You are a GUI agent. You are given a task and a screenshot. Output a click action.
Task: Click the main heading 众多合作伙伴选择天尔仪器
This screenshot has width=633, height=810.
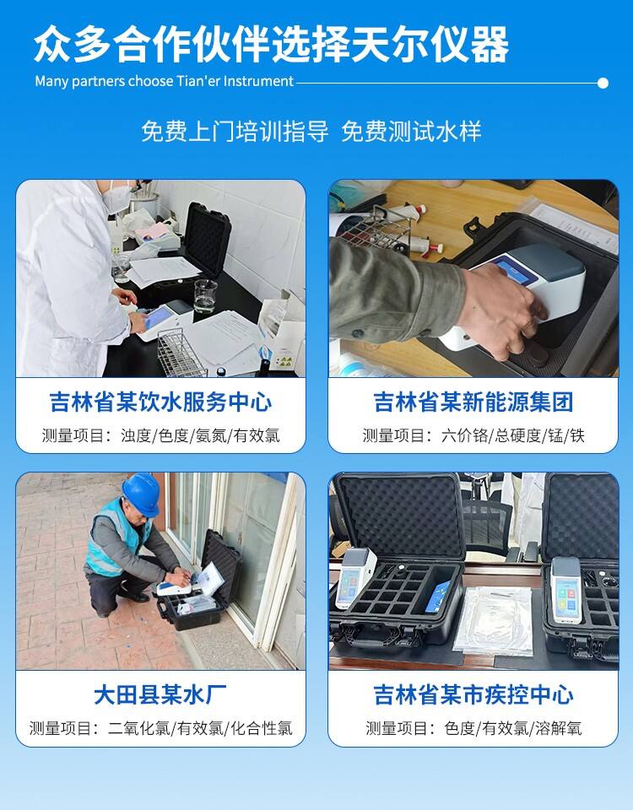click(271, 45)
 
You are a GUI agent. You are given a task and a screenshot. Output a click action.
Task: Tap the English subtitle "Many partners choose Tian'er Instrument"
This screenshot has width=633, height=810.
click(165, 81)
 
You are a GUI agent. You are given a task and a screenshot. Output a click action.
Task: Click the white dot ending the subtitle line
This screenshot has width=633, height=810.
click(603, 83)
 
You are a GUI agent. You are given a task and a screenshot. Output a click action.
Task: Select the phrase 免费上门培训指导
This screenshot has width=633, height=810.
click(235, 132)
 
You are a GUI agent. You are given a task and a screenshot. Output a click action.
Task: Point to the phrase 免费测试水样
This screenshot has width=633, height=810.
click(411, 132)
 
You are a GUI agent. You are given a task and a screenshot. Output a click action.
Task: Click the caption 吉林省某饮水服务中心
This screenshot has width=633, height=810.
click(160, 402)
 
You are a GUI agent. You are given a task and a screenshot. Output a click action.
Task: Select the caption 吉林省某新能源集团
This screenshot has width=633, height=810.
click(473, 402)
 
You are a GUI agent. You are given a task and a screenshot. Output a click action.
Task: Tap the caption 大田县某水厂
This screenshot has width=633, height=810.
click(160, 694)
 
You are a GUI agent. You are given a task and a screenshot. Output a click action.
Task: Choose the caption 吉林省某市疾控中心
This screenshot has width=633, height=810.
click(473, 694)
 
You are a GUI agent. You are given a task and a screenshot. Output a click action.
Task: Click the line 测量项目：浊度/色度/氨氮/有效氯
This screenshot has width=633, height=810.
click(160, 435)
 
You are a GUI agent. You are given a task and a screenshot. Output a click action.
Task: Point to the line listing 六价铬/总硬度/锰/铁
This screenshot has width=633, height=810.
click(473, 435)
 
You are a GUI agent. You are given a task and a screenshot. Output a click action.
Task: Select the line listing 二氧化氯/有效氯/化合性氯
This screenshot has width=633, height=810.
click(160, 728)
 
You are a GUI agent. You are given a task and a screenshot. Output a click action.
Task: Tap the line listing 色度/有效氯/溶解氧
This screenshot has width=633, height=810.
click(473, 728)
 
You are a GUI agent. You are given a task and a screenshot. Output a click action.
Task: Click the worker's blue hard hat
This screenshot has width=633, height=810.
click(142, 494)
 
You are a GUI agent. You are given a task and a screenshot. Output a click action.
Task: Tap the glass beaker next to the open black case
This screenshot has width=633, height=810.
click(206, 295)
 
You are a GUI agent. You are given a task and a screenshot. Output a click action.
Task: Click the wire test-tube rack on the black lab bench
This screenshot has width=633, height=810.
click(180, 354)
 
